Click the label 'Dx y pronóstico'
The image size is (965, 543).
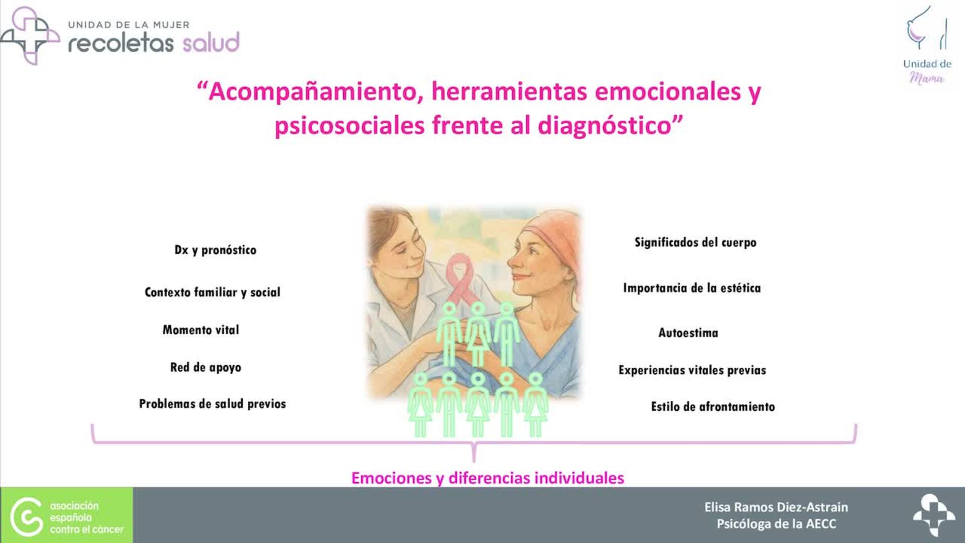coord(215,250)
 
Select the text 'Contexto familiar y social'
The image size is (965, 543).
coord(212,292)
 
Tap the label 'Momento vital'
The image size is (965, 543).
coord(201,330)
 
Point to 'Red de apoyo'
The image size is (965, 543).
coord(206,368)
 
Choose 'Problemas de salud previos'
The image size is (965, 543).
coord(212,404)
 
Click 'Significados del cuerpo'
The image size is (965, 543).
coord(695,242)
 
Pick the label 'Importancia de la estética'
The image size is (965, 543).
coord(692,288)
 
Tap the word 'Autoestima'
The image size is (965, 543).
coord(688,333)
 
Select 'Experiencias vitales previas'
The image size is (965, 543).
coord(692,370)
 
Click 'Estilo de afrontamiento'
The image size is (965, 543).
coord(713,407)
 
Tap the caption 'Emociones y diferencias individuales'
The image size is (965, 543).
coord(488,478)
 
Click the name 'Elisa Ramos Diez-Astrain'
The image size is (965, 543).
coord(776,507)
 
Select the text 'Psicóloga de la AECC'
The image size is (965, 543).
coord(776,524)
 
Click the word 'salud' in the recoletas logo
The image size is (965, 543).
coord(211,43)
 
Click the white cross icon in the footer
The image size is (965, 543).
coord(933,515)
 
